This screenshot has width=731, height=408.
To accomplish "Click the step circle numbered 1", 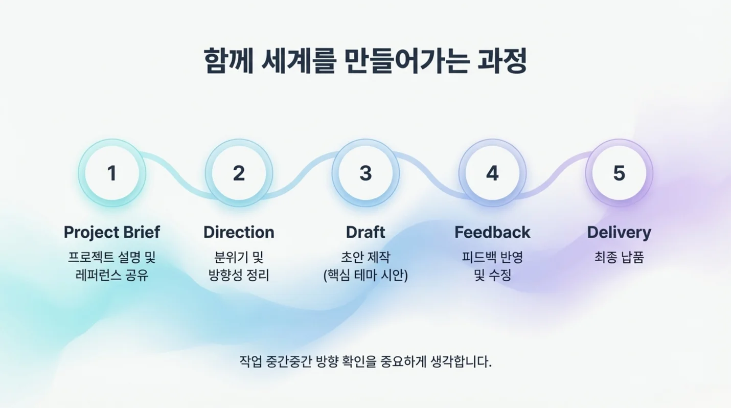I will pyautogui.click(x=112, y=173).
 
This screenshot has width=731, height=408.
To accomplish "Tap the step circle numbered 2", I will pyautogui.click(x=239, y=173).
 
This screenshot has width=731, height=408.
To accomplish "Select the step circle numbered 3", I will pyautogui.click(x=365, y=173).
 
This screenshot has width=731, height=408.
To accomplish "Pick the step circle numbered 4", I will pyautogui.click(x=492, y=173).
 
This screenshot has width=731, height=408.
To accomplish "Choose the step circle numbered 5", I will pyautogui.click(x=619, y=173).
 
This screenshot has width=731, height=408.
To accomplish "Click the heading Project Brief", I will pyautogui.click(x=112, y=232).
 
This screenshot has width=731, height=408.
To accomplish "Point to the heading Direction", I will pyautogui.click(x=239, y=232).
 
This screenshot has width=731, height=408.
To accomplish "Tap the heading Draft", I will pyautogui.click(x=365, y=232).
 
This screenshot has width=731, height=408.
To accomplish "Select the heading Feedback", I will pyautogui.click(x=492, y=232).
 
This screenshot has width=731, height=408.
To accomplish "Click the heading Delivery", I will pyautogui.click(x=619, y=232).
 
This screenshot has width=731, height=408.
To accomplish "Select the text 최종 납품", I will pyautogui.click(x=619, y=257).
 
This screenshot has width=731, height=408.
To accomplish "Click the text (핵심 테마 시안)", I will pyautogui.click(x=365, y=276).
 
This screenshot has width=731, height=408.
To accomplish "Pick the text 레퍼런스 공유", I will pyautogui.click(x=112, y=276).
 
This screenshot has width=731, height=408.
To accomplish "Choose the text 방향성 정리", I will pyautogui.click(x=239, y=276).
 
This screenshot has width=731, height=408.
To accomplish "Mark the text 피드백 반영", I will pyautogui.click(x=492, y=257).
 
